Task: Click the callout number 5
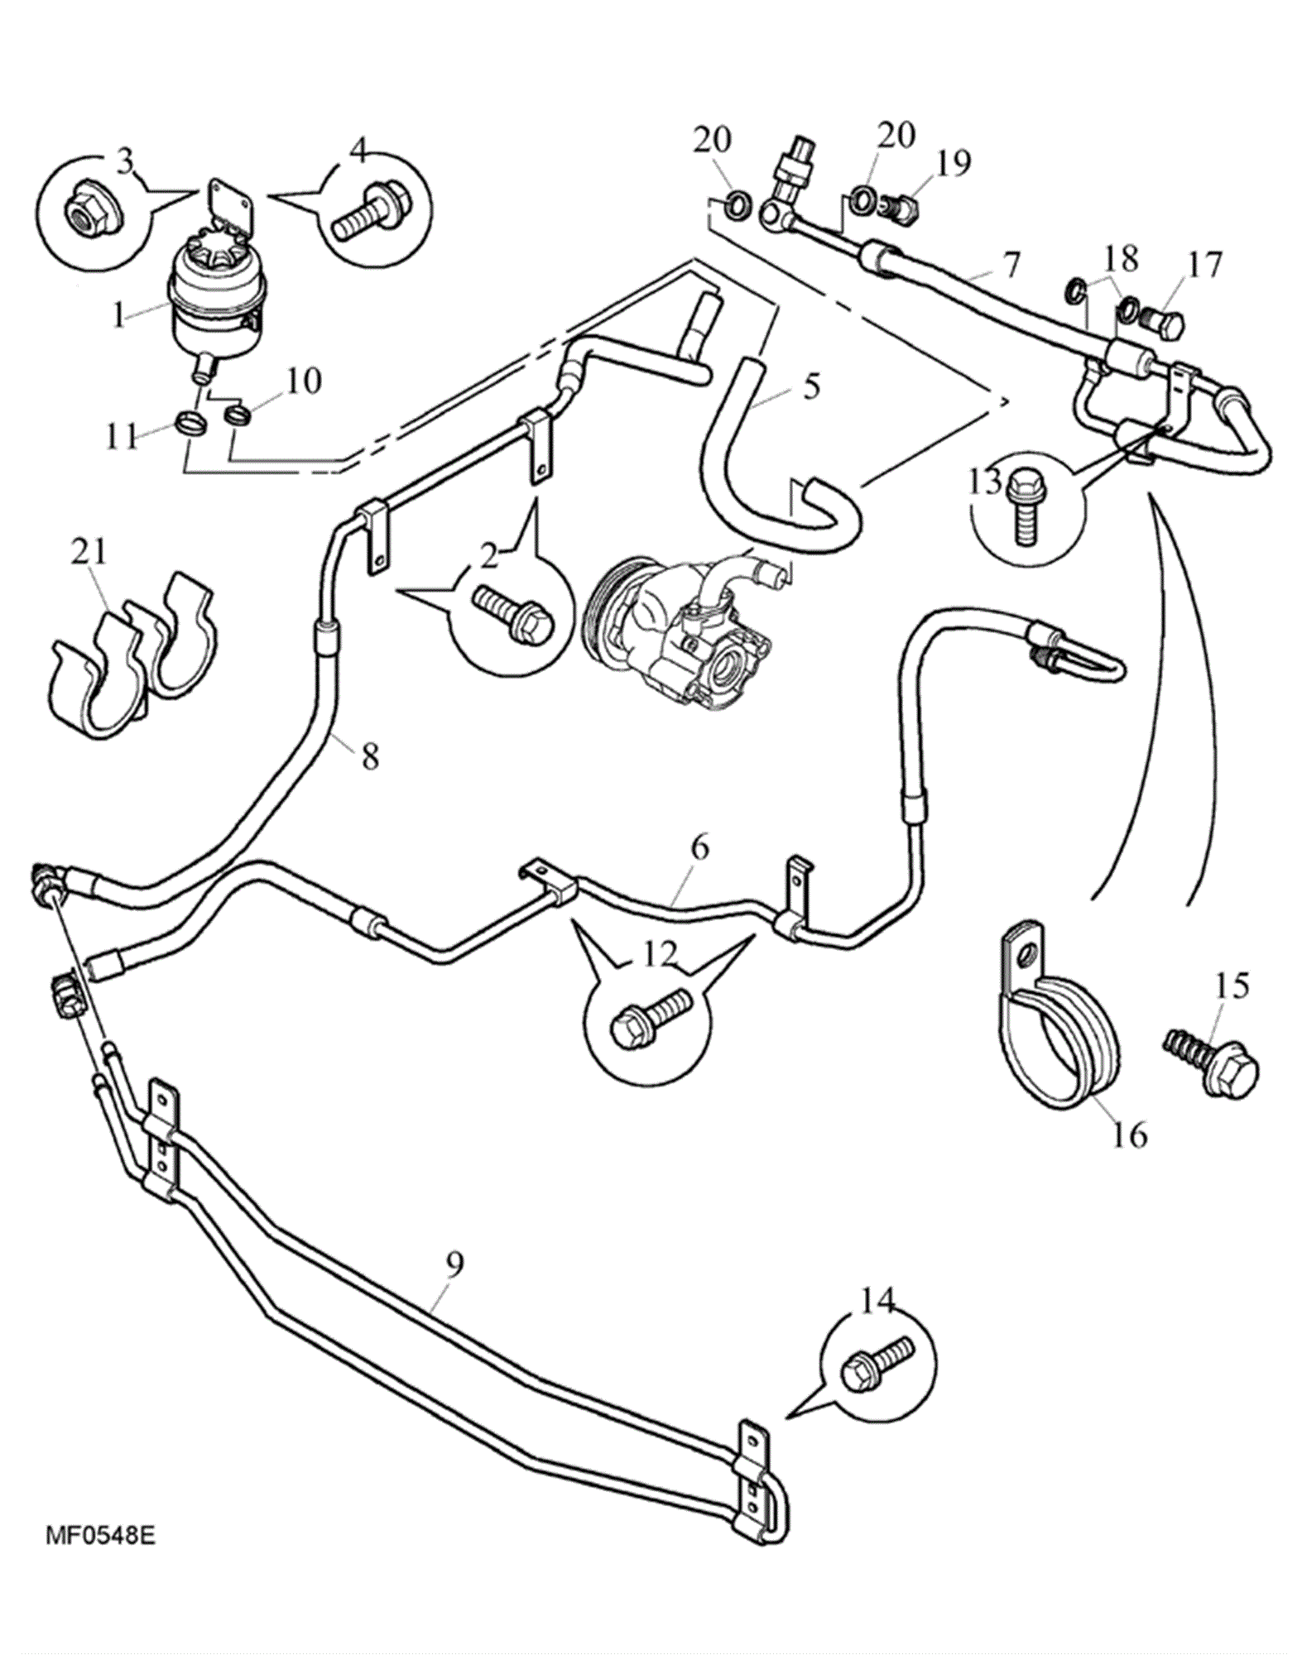point(811,386)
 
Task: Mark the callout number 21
point(89,551)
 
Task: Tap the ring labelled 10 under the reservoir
point(238,411)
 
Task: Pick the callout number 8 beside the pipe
point(369,756)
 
